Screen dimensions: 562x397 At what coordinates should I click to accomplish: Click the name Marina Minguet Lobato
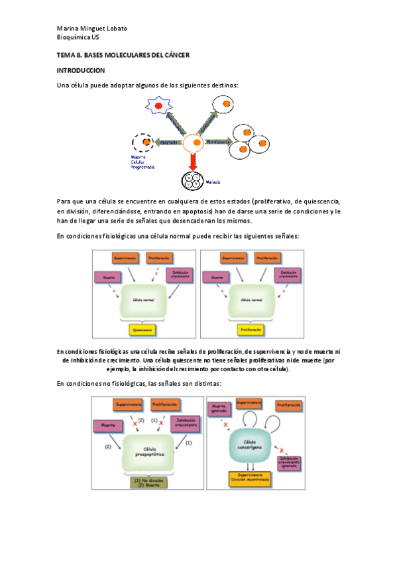(92, 28)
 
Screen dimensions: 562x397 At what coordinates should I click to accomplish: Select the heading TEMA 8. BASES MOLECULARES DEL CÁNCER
(123, 56)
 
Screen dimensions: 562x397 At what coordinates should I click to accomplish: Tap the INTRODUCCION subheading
(80, 70)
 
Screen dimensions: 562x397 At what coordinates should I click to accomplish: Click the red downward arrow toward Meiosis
(192, 160)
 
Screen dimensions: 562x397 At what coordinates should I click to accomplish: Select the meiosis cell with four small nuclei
(193, 181)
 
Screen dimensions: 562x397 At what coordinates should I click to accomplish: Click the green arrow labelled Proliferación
(217, 142)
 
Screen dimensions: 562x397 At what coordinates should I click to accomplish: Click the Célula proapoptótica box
(146, 451)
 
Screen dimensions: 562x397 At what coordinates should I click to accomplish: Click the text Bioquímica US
(74, 39)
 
